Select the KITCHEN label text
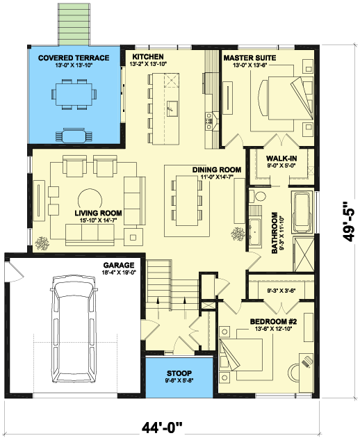pyautogui.click(x=147, y=56)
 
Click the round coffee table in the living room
pyautogui.click(x=89, y=200)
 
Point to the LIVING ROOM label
pyautogui.click(x=99, y=213)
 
